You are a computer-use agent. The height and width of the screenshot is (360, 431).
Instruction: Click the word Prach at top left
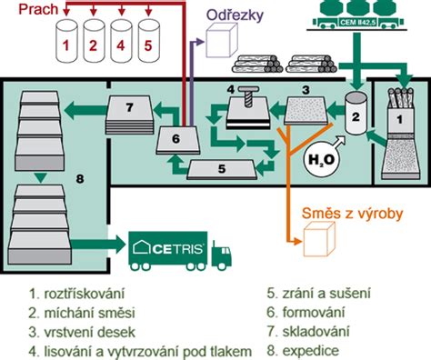[26, 12]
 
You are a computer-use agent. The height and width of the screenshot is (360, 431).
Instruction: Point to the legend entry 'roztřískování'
[65, 294]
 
